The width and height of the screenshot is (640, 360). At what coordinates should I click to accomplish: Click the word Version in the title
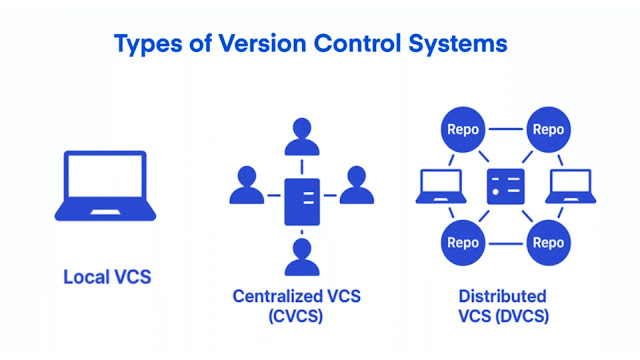[250, 45]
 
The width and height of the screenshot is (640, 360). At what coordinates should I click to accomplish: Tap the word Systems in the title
[456, 45]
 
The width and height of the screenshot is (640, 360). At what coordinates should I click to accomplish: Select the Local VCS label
[107, 276]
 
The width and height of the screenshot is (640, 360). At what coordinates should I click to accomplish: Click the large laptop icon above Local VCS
[106, 187]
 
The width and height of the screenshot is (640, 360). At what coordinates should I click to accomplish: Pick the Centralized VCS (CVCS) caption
[296, 306]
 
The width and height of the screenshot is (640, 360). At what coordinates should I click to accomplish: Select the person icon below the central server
[302, 258]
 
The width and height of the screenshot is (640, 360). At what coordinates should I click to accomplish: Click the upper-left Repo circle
[463, 129]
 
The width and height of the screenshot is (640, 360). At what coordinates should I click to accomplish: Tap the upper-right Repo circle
[549, 129]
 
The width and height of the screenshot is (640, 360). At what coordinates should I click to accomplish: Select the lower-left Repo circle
[463, 243]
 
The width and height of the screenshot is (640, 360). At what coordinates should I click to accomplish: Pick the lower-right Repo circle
[549, 243]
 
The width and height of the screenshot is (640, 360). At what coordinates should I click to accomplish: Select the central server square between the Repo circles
[505, 186]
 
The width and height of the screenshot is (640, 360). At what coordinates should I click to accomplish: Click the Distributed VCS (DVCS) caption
[502, 306]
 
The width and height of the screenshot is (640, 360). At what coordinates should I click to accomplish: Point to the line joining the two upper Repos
[506, 129]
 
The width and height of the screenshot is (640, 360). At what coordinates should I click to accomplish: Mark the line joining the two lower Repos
[506, 243]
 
